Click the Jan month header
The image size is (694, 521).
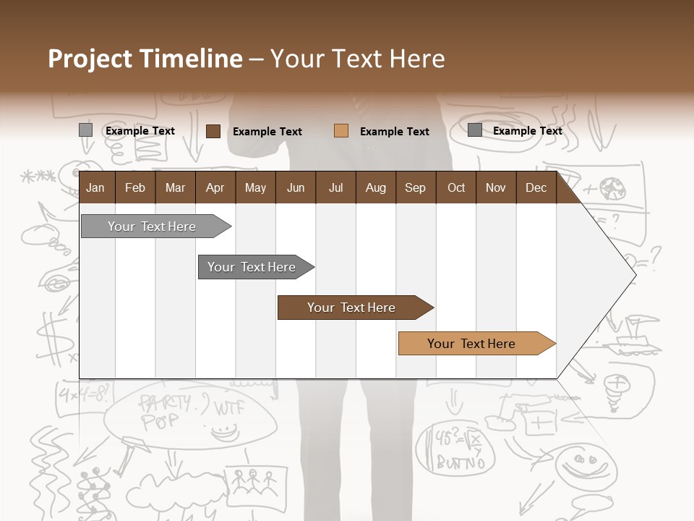pyautogui.click(x=95, y=188)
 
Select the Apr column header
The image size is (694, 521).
pyautogui.click(x=215, y=188)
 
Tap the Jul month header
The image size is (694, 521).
pyautogui.click(x=335, y=188)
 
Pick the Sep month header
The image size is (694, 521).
pyautogui.click(x=415, y=188)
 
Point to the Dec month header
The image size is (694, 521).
pyautogui.click(x=536, y=188)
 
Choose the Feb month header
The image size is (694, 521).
pyautogui.click(x=135, y=188)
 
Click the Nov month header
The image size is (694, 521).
pyautogui.click(x=495, y=188)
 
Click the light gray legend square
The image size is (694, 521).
pyautogui.click(x=86, y=130)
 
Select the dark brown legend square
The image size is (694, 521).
pyautogui.click(x=213, y=131)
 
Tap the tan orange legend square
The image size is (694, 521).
pyautogui.click(x=341, y=131)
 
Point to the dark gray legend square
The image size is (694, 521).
pyautogui.click(x=475, y=130)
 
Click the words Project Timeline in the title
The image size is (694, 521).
pyautogui.click(x=145, y=59)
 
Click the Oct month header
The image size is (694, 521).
pyautogui.click(x=456, y=188)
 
